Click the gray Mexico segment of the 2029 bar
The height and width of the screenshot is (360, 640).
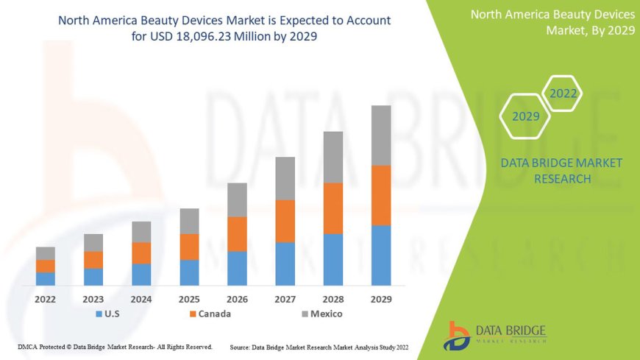(x=380, y=135)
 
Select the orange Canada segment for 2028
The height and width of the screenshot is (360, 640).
(x=333, y=208)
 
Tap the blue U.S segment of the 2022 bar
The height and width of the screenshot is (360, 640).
(x=46, y=278)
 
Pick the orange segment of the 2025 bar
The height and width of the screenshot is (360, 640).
(x=189, y=247)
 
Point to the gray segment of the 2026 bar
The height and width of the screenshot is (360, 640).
(x=237, y=200)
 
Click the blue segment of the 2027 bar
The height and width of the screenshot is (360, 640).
(x=285, y=264)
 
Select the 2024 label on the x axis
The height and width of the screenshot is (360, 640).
(x=141, y=300)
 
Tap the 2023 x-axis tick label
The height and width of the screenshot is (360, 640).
(x=93, y=300)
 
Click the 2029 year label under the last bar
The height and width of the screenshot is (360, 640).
(x=380, y=300)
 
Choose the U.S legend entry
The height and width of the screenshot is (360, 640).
(x=107, y=314)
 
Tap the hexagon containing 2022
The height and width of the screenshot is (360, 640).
(x=563, y=93)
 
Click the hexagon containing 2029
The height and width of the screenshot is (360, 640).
(x=526, y=116)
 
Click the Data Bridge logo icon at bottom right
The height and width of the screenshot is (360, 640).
(x=458, y=336)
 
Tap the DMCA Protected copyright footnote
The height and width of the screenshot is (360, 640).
(x=115, y=347)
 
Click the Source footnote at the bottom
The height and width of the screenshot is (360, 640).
(x=319, y=347)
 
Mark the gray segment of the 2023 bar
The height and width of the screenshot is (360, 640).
(x=93, y=243)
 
